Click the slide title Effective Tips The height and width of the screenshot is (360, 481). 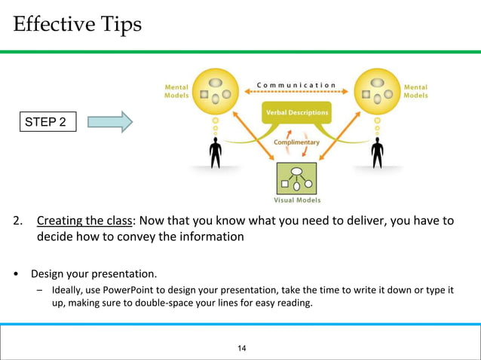pos(77,24)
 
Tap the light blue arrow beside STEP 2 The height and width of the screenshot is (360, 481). pos(109,121)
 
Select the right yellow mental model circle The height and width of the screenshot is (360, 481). pos(376,91)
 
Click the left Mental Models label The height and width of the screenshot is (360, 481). pos(176,91)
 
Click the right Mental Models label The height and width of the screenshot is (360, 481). pos(415,91)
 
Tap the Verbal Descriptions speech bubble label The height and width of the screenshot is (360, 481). pos(296,113)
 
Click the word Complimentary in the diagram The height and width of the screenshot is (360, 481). pos(296,142)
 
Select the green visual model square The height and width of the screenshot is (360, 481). pos(296,178)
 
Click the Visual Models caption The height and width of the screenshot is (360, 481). pos(296,200)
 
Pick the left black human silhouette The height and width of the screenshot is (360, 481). pos(216,153)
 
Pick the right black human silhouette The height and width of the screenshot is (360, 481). pos(377,153)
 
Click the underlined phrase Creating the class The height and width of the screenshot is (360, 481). pos(84,221)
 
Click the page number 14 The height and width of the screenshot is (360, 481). pos(242,348)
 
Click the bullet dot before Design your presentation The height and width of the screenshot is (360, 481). pos(16,273)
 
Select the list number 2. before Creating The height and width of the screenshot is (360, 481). pos(17,221)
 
